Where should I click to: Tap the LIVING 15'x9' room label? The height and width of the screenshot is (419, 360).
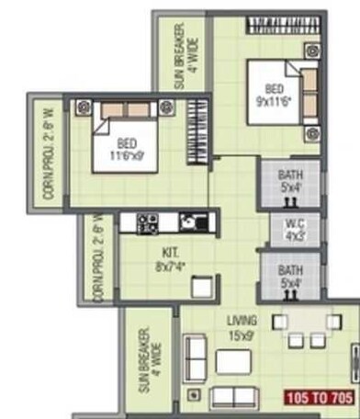click(242, 328)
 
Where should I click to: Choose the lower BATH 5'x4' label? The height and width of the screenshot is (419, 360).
click(291, 277)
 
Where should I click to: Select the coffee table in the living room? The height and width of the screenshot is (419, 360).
click(232, 361)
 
